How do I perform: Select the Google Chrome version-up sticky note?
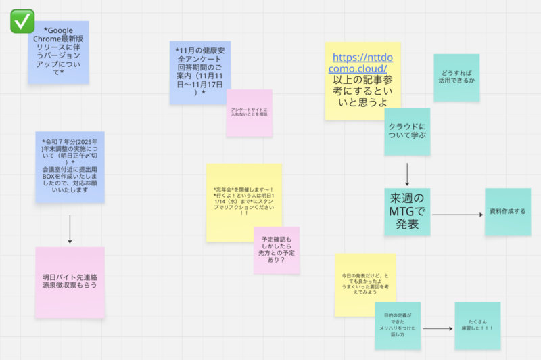[58, 52]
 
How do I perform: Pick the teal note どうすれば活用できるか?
[456, 77]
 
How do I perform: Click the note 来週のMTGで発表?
[408, 210]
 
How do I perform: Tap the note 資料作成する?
[507, 212]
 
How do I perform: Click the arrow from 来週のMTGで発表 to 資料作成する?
[456, 215]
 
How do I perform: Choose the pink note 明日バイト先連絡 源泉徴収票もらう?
[70, 281]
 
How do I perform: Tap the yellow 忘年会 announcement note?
[243, 201]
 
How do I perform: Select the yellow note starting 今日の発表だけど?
[364, 284]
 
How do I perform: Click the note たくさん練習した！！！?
[477, 325]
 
